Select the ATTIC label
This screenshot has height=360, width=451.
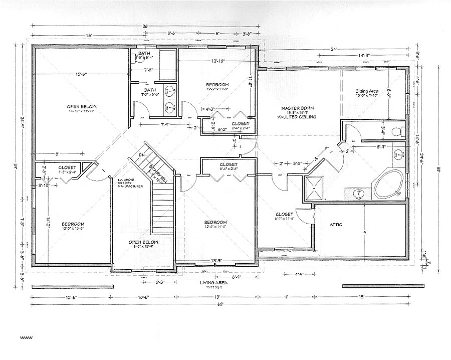(336, 224)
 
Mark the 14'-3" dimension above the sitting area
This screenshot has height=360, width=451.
(364, 55)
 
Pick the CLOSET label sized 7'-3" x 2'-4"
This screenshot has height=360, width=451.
(67, 167)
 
